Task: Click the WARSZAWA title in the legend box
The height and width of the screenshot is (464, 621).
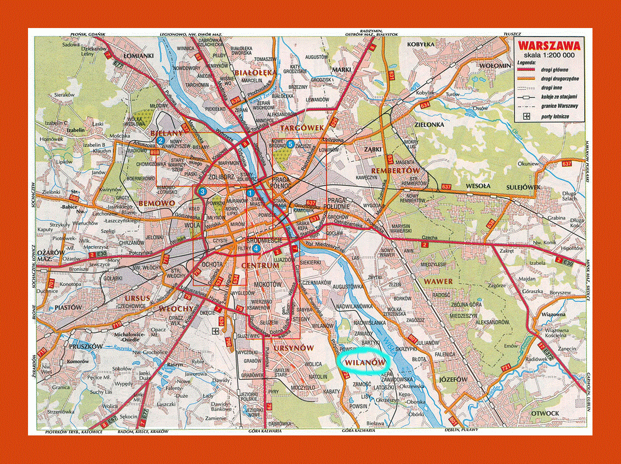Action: [x=548, y=46]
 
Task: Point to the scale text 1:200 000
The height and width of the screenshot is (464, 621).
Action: [x=549, y=55]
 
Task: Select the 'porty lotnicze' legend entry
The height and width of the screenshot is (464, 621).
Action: [x=554, y=117]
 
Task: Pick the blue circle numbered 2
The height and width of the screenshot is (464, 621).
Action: [x=160, y=141]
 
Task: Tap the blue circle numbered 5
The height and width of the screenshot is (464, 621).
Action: [x=290, y=145]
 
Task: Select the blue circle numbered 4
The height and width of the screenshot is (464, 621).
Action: [x=256, y=248]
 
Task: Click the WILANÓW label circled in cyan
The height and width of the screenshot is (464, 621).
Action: [x=363, y=361]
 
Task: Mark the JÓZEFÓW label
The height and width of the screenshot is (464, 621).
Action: [x=453, y=379]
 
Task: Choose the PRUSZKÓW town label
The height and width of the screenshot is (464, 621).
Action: [x=85, y=346]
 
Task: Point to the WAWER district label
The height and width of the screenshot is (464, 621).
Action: [x=438, y=281]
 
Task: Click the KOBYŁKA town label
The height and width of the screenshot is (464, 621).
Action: [x=422, y=44]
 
